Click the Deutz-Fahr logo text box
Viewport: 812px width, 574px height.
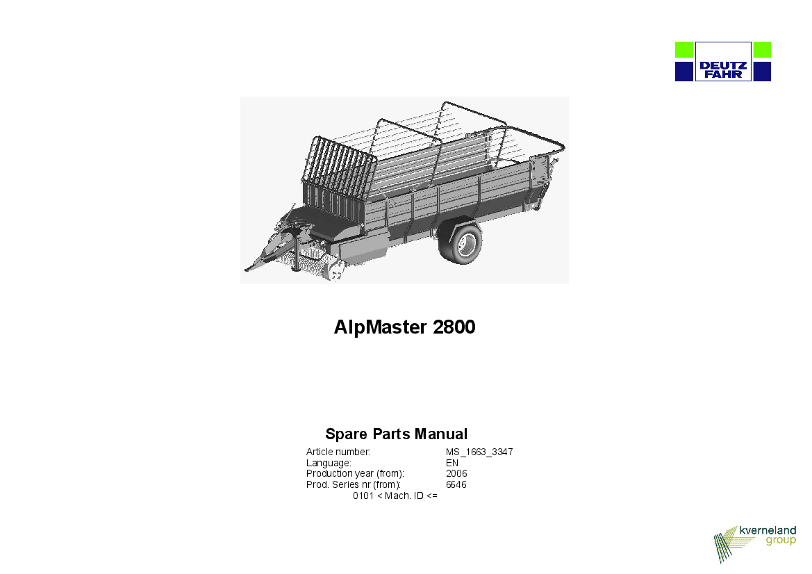(x=723, y=62)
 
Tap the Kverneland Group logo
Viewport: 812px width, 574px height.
(x=754, y=543)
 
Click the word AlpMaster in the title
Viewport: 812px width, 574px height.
(x=380, y=327)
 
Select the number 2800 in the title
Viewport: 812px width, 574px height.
(x=454, y=327)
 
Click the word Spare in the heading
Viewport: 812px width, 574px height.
(x=347, y=434)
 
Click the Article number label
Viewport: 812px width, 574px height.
(x=338, y=452)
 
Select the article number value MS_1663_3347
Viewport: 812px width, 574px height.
(x=479, y=452)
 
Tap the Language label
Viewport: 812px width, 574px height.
(x=329, y=463)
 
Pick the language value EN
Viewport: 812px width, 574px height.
(x=452, y=463)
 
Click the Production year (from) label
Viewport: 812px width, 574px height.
(x=355, y=473)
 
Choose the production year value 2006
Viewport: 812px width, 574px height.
(x=456, y=473)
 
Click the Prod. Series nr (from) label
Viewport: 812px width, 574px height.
(x=354, y=485)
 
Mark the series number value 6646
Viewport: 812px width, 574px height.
(x=456, y=485)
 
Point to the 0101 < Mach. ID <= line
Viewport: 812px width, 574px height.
(x=395, y=495)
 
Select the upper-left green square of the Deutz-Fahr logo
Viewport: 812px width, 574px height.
(x=684, y=50)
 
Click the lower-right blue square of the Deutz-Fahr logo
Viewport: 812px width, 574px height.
(x=762, y=72)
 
